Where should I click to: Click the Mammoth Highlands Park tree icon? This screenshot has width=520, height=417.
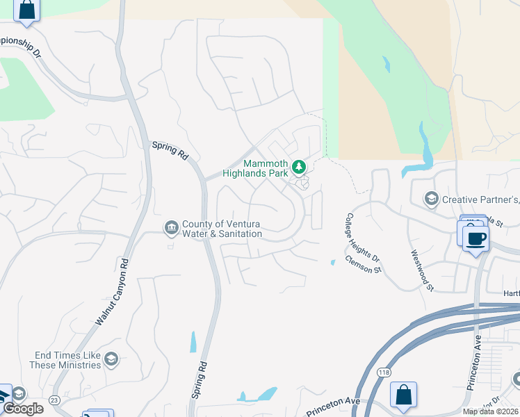point(299,167)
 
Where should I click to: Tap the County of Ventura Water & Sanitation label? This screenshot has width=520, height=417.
point(222,229)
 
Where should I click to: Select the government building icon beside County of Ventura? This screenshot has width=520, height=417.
point(171,227)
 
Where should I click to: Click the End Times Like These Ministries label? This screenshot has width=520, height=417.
point(67,360)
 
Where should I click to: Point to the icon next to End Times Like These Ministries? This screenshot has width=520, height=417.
point(111,359)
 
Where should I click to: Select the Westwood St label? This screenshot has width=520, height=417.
point(422,270)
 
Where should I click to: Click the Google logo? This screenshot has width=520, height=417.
point(23,409)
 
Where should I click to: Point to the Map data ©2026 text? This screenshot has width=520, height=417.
point(490,411)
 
